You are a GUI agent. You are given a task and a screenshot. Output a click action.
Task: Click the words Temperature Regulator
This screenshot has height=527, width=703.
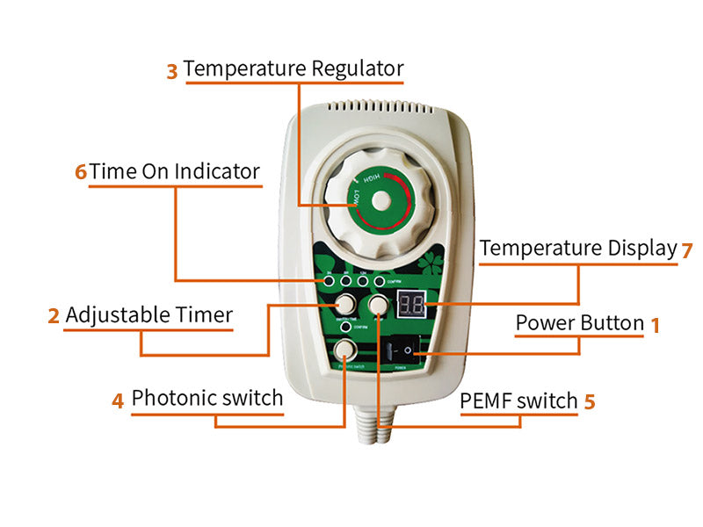(x=294, y=69)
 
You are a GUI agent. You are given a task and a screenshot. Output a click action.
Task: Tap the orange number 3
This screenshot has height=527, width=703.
(x=172, y=71)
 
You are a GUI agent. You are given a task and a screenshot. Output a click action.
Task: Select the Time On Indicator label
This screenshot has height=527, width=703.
(x=175, y=170)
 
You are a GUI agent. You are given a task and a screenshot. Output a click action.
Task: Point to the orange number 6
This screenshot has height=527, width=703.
(x=81, y=171)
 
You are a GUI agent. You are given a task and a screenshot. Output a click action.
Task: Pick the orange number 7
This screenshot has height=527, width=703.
(x=687, y=249)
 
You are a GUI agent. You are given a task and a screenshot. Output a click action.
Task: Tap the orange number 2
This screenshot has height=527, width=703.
(x=54, y=315)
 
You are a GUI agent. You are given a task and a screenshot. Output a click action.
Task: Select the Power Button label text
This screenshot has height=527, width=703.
(x=580, y=323)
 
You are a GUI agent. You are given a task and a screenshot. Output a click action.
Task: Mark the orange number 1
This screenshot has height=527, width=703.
(x=655, y=325)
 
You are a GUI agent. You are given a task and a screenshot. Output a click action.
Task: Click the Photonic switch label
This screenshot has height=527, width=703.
(x=207, y=399)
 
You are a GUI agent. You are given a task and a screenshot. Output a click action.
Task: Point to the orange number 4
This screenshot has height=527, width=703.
(x=118, y=401)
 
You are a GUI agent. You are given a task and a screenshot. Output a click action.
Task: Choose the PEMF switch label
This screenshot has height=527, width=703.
(x=519, y=401)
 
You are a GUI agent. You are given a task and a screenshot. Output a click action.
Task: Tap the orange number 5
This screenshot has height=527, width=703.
(x=590, y=401)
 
